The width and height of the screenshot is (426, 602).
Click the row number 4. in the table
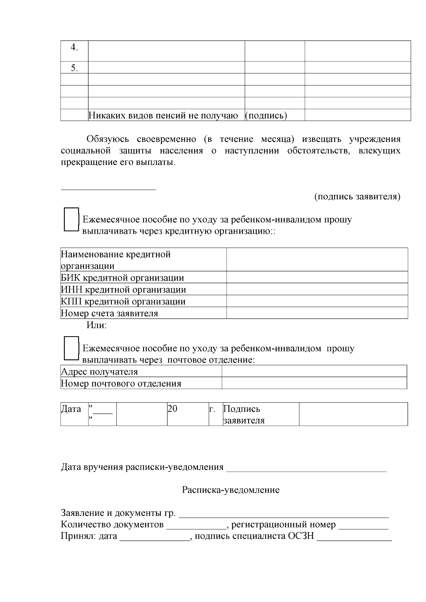coord(74,48)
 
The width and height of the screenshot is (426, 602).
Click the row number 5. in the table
coord(74,68)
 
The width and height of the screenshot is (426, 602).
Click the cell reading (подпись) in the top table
coord(266,115)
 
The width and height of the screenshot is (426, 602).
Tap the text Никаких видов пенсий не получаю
coord(163,115)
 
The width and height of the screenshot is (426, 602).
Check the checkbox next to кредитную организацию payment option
coord(71,219)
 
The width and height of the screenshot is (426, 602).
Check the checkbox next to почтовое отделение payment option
coord(71,348)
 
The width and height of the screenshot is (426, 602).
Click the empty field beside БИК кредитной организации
coord(317,277)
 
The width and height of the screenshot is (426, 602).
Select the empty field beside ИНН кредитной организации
coord(317,289)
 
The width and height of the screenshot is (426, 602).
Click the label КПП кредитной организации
coord(123,302)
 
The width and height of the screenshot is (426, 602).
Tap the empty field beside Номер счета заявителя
coord(317,313)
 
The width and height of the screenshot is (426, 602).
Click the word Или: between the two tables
coord(97,325)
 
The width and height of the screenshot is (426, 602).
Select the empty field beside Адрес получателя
coord(314,371)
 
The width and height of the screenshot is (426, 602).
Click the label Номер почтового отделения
coord(121,383)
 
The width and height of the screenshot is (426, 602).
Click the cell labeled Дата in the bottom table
coord(71,409)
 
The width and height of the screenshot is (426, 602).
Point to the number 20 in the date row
coord(173,409)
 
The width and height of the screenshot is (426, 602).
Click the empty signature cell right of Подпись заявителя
coord(353,414)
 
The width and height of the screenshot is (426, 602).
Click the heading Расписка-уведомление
coord(231,490)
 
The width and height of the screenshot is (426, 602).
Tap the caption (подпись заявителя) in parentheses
coord(357,197)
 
